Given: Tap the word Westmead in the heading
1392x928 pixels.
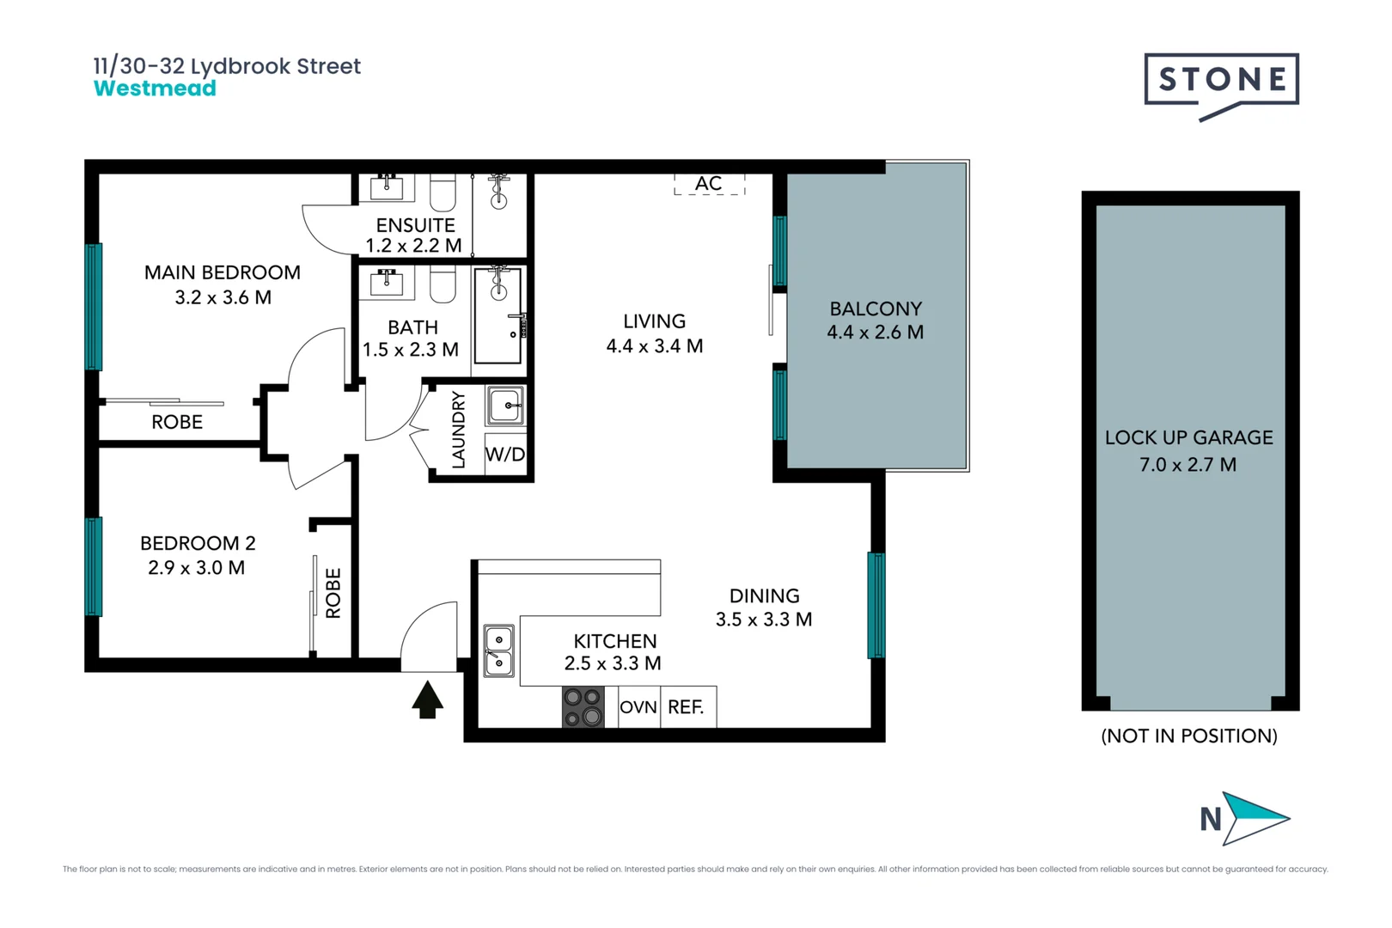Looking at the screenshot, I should tap(155, 89).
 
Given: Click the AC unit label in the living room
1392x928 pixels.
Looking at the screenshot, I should tap(709, 184).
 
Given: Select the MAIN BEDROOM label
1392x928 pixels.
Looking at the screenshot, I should tap(223, 272).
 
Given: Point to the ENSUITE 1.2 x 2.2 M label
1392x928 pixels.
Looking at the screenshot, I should tap(414, 235).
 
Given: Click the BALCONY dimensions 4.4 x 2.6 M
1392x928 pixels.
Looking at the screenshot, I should tap(875, 333).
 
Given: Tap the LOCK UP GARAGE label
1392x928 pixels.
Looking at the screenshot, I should tap(1188, 438).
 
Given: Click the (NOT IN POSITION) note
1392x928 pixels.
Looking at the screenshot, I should tap(1188, 736).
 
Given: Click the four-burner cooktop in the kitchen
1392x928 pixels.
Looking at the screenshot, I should tap(583, 707).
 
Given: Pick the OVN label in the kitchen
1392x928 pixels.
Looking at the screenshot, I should tap(638, 707).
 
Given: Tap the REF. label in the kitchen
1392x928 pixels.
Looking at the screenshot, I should tap(686, 707).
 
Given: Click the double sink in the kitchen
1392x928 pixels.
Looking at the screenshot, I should tap(498, 650).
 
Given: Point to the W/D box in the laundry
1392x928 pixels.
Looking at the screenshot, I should tap(505, 455).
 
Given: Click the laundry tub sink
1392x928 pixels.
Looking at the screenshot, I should tap(505, 406).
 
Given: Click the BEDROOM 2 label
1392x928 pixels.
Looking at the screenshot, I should tap(198, 543).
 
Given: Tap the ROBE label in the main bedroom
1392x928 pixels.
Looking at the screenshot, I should tap(177, 422).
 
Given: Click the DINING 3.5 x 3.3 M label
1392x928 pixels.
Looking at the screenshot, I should tap(764, 607).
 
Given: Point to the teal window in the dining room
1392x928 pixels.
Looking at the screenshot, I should tap(876, 605).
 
